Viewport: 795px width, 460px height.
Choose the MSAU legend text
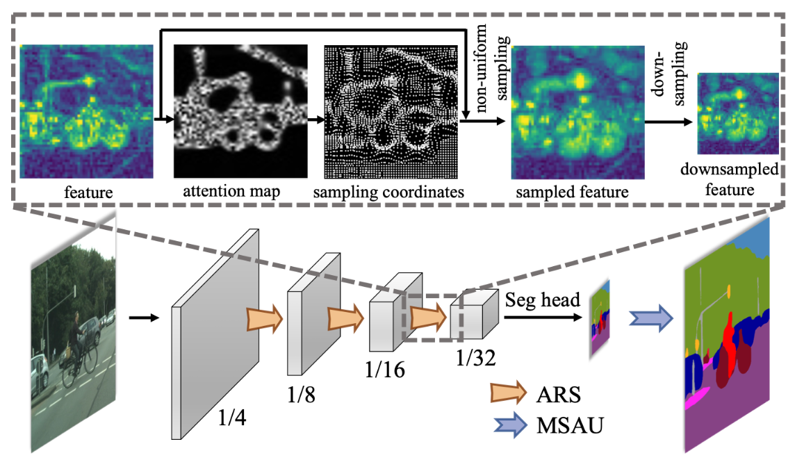click(x=568, y=425)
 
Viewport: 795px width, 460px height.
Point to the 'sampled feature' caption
click(x=573, y=191)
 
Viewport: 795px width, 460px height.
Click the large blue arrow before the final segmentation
click(x=650, y=318)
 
